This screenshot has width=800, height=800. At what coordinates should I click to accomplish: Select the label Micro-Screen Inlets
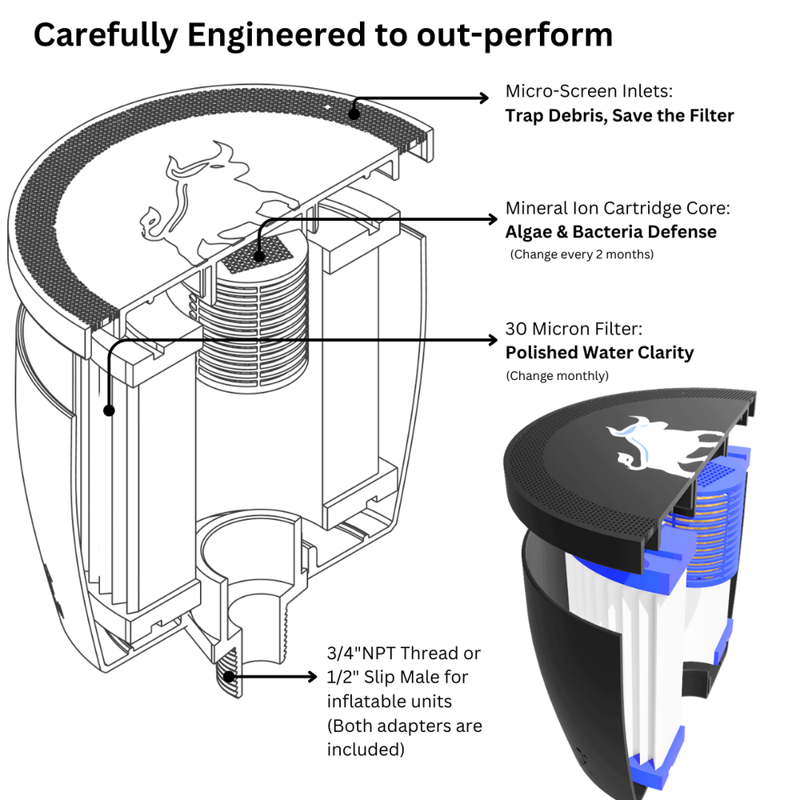pos(593,90)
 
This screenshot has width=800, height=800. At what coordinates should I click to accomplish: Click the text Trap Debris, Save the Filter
pos(619,115)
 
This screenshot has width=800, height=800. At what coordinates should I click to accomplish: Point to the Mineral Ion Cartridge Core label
pos(618,209)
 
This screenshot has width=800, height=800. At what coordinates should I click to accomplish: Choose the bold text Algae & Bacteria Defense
pos(610,232)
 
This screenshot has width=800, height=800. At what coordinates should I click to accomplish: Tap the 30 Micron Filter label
pos(574,329)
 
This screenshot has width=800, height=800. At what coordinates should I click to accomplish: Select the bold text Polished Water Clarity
pos(599,352)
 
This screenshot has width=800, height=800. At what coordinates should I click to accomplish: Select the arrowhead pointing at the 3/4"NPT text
pos(313,678)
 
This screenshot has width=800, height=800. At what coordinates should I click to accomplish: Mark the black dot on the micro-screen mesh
pos(355,113)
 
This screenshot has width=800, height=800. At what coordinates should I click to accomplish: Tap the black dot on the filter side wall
pos(109,410)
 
